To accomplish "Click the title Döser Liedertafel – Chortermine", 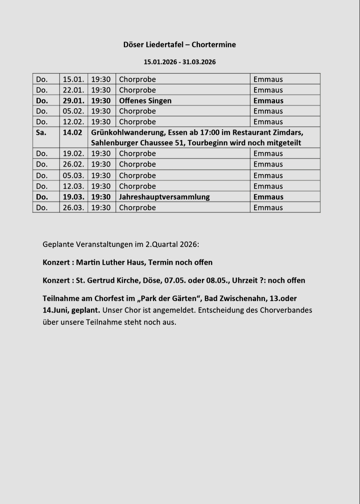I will pos(180,45).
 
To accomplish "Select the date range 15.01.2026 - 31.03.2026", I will pos(180,62).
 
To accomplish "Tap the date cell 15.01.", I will pos(73,79).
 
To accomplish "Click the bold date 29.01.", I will pos(73,101).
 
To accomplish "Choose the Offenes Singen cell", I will pos(145,101).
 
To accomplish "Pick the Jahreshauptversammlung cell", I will pos(164,197).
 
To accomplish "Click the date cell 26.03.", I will pos(73,208).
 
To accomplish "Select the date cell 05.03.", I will pos(73,175).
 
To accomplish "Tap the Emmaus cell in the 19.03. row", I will pos(268,197).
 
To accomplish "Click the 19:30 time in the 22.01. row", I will pos(101,90).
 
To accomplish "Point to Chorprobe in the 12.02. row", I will pos(137,122).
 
